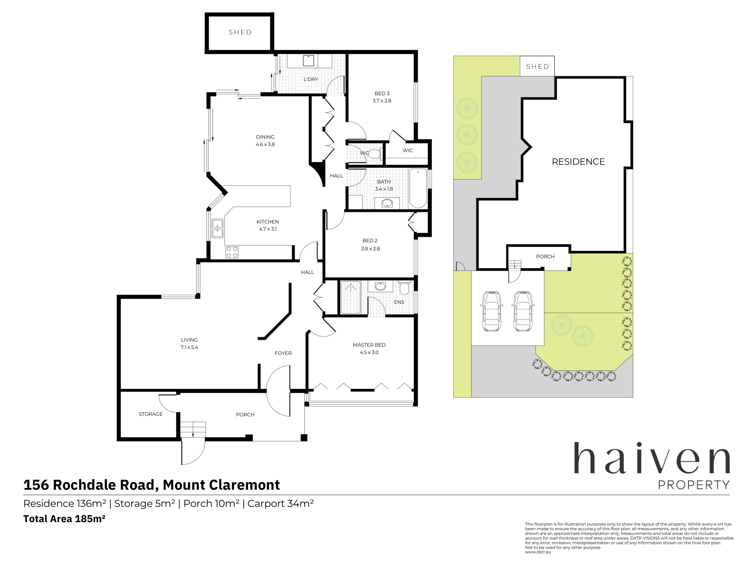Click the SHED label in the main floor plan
(240, 32)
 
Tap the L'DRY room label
(310, 79)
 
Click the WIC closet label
(408, 150)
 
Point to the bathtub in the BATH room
(418, 188)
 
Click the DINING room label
(265, 137)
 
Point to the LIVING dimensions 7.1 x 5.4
(189, 347)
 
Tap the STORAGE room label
(151, 414)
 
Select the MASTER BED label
(369, 345)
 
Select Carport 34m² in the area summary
(281, 503)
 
